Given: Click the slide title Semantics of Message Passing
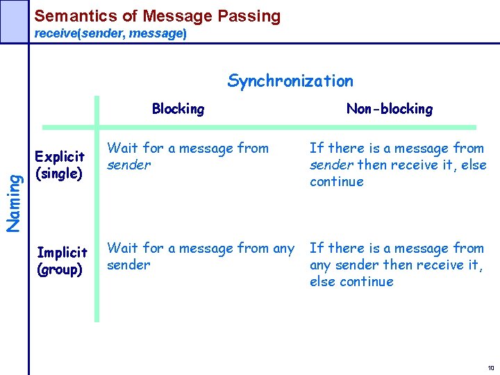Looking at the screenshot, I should (x=158, y=16).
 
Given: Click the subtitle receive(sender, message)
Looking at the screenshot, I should (x=110, y=33).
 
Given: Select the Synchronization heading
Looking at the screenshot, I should (x=290, y=81).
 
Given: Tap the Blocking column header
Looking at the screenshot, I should (x=178, y=108).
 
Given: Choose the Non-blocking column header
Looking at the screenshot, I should (x=389, y=108).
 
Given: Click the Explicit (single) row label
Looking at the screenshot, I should (x=60, y=165).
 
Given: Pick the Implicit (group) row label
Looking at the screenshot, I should (x=62, y=260).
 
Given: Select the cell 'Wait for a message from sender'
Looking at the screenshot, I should (x=187, y=156).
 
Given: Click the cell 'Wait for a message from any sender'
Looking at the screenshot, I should (x=200, y=256).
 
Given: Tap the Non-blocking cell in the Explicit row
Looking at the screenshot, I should (x=397, y=165).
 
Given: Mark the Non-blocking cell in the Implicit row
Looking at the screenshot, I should (x=396, y=265).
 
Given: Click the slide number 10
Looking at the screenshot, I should (x=490, y=368).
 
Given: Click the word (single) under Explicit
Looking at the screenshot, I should (x=60, y=174).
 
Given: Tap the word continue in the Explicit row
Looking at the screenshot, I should (x=336, y=182).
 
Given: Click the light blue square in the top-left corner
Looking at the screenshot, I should (x=13, y=21).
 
